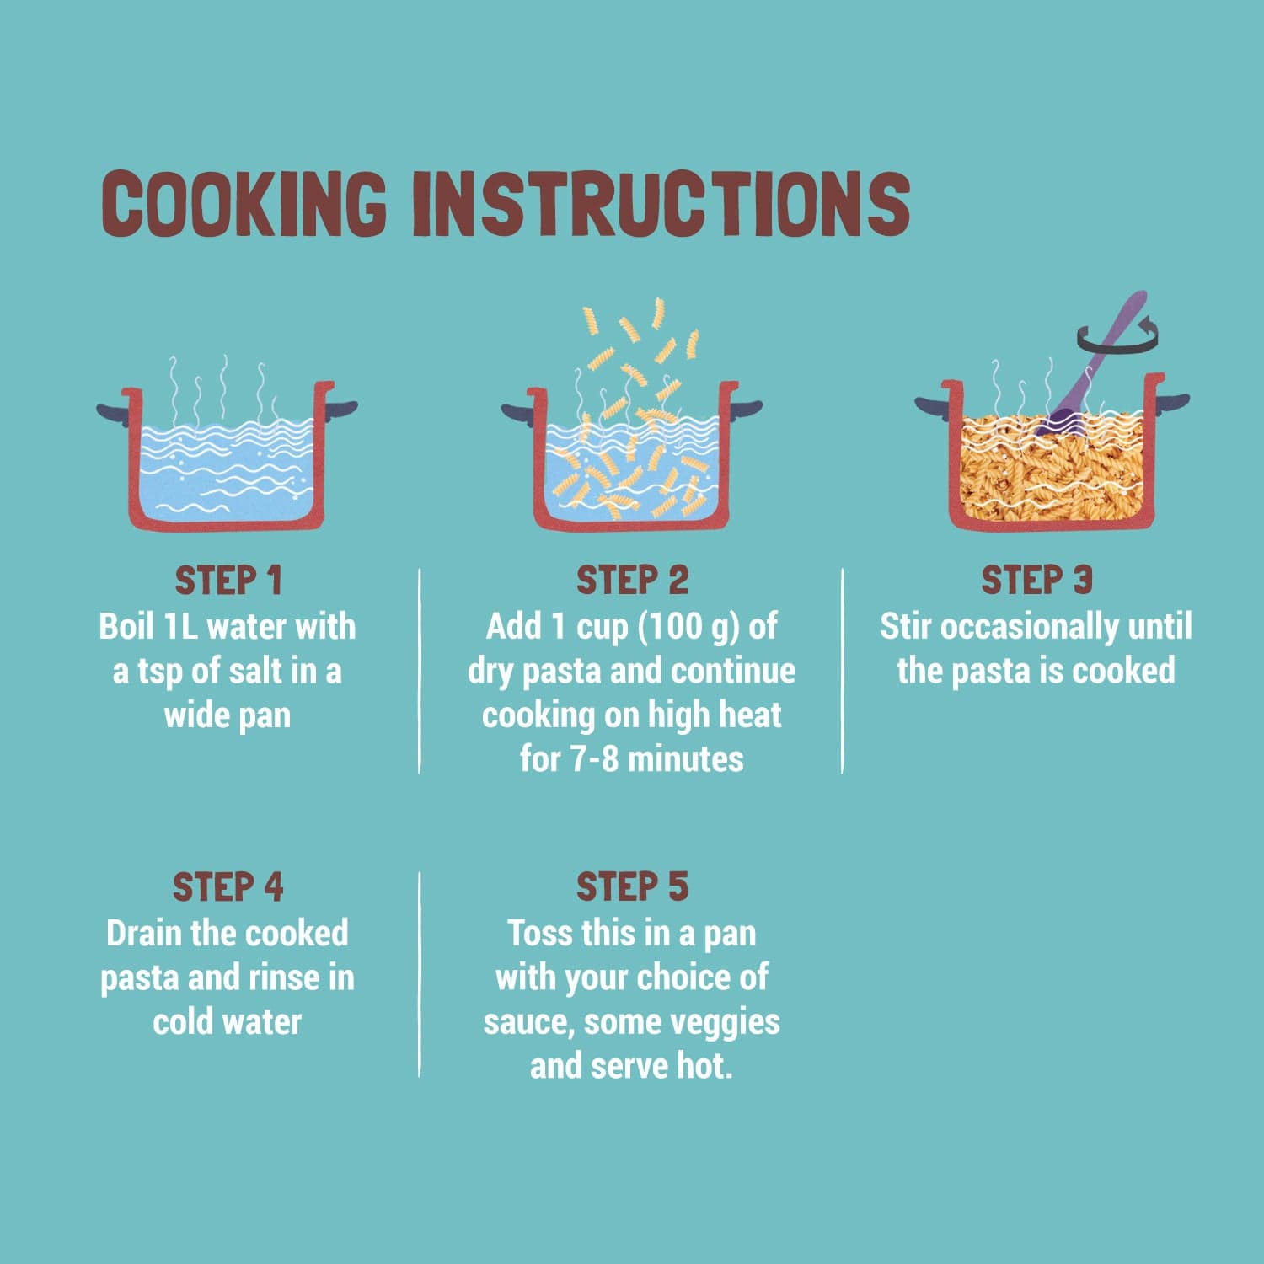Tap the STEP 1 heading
228,581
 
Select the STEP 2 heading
632,581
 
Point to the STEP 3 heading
1036,581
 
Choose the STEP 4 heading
228,887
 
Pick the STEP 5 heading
632,887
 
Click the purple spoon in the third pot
1092,362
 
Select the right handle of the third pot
1172,402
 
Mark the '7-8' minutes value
595,759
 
